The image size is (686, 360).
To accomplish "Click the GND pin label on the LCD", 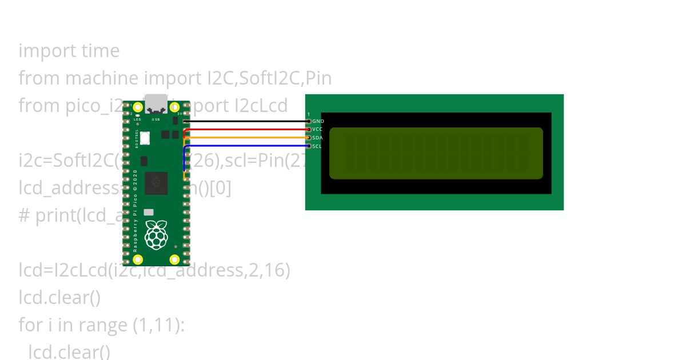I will point(318,121).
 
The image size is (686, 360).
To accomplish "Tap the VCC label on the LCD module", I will point(318,130).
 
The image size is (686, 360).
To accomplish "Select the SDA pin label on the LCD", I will point(318,138).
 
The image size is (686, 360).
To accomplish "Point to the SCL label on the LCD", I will point(317,146).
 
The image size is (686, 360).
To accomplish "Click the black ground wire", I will point(246,121).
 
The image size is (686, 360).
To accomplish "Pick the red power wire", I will point(246,130).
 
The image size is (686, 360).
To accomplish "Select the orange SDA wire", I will point(246,138).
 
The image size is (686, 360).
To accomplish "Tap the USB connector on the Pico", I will point(156,103).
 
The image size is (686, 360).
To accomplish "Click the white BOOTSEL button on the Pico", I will point(145,138).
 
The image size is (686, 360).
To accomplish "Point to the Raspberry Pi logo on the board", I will point(156,235).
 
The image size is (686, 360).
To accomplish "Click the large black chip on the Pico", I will point(156,183).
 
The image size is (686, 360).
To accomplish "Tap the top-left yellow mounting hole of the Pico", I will point(138,107).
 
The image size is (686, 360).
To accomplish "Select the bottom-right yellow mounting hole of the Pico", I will point(174,260).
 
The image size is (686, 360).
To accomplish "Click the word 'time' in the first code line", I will point(100,51).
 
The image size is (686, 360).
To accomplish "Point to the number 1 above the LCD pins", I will point(309,115).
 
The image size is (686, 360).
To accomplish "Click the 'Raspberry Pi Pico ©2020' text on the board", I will point(135,211).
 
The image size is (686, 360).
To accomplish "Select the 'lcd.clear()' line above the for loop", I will point(59,298).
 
